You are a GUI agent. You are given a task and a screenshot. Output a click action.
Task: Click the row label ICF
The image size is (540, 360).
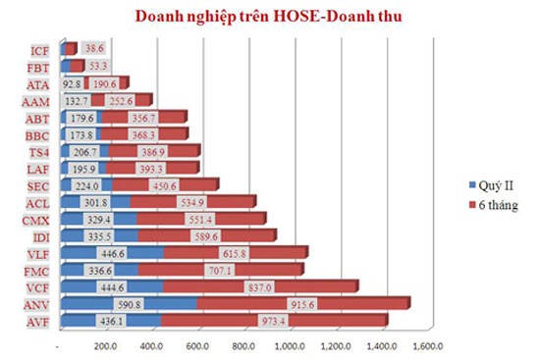coord(39,50)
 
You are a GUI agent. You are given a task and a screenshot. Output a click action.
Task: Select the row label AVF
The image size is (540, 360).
coord(39,321)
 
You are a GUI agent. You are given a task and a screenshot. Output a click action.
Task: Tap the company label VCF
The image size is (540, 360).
coord(39,286)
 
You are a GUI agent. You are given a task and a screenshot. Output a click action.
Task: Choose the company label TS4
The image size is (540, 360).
coord(39,152)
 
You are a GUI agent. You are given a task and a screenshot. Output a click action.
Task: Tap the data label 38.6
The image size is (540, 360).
coord(93,48)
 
